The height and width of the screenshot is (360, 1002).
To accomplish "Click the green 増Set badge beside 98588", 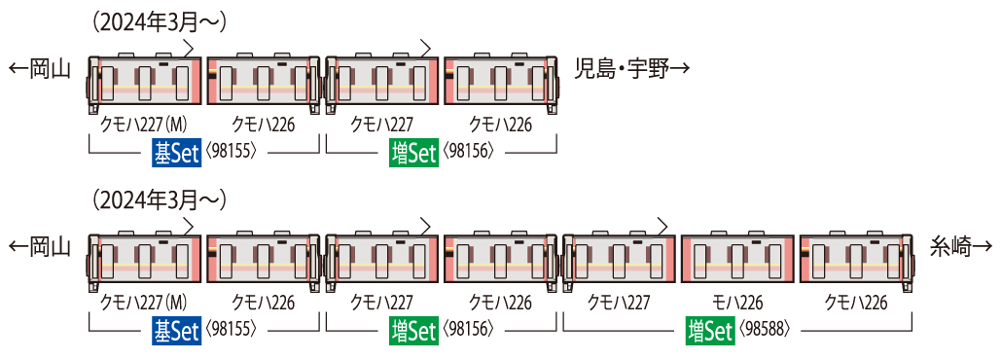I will pos(709,331).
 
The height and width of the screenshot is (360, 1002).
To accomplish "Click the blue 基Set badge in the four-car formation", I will pos(176,153).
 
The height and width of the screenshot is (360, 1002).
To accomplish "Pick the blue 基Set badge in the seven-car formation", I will pos(176,331).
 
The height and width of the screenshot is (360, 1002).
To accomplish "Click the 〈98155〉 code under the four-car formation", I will pos(231,153).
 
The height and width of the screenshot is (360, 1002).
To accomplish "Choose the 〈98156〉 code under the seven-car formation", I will pos(469,331).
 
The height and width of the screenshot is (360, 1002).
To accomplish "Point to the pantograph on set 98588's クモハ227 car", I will pos(662,226).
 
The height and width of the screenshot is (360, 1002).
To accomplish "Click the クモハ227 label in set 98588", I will pos(620,302).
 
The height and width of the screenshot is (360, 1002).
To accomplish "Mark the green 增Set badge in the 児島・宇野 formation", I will pos(413,153).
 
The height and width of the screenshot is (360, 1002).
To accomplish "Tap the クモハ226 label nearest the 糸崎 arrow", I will pos(856,302).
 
